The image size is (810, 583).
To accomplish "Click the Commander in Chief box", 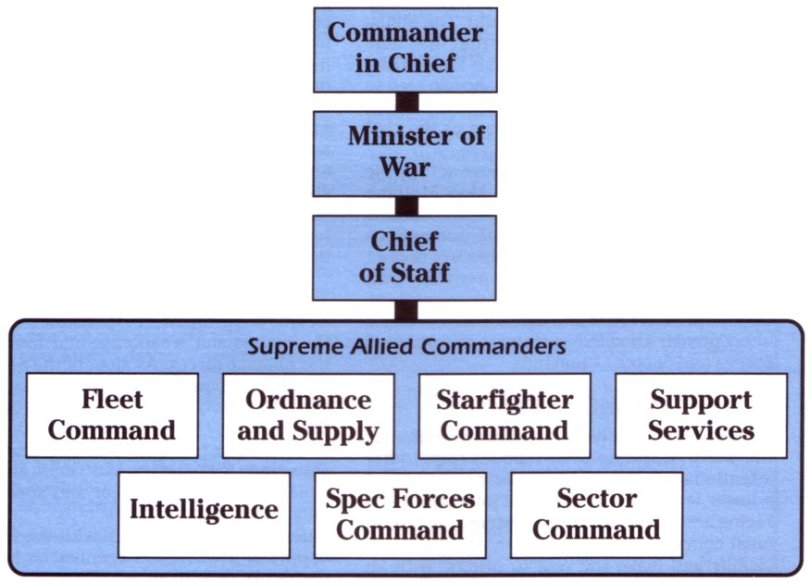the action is pos(405,50).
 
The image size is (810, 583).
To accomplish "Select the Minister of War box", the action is pos(405,154).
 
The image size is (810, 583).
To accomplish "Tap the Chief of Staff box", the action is pos(405,257).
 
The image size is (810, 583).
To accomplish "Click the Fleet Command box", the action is pos(112,416).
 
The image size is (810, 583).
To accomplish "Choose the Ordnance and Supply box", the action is pos(308,416).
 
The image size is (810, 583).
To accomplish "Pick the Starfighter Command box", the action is pos(505,416).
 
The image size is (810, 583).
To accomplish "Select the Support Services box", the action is pos(701,416).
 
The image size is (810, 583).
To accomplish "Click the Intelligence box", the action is pos(204,515).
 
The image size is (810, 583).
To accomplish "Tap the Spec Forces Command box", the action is pos(400,515).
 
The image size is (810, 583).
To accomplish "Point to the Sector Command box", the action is pos(597,515).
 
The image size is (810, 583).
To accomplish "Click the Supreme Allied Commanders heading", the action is pos(406,346).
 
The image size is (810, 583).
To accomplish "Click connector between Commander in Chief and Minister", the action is pos(406,102).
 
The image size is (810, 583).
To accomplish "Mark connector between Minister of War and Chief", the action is pos(406,206).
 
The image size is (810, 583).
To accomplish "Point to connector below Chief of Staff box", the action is pos(406,310).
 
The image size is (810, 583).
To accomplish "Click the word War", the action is pos(405,167).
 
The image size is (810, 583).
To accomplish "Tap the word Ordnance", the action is pos(308,400).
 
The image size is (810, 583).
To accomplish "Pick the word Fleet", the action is pos(112,400).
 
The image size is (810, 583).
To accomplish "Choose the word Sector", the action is pos(597,499).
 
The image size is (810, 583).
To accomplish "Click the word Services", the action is pos(701,430).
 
